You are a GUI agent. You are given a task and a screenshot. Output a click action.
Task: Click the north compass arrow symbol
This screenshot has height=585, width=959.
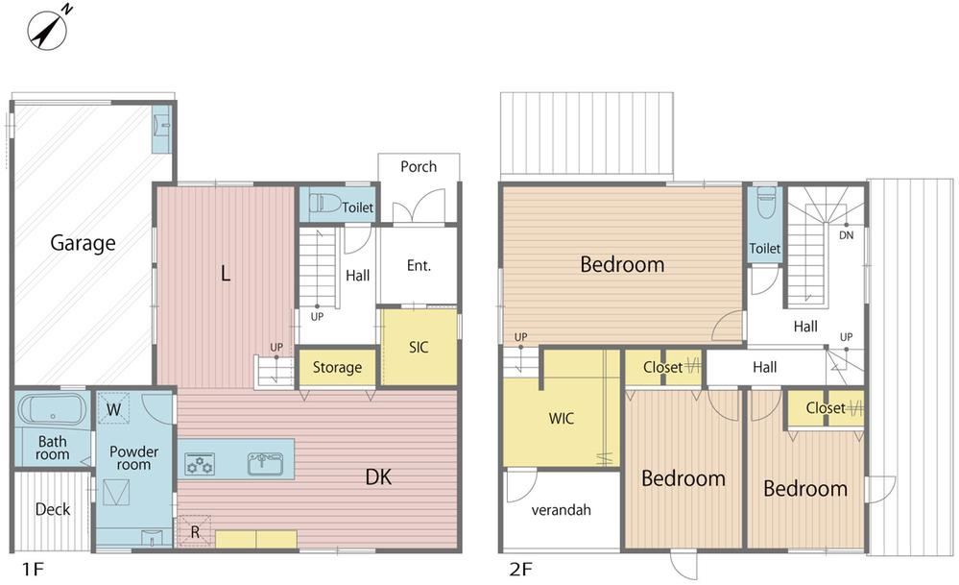tap(48, 29)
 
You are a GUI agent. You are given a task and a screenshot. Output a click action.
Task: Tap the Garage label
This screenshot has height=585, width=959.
tap(83, 243)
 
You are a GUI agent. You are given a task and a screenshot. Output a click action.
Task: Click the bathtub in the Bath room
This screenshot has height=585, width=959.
tap(52, 409)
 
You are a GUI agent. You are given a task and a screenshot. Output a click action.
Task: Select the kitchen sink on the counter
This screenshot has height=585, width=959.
tap(265, 463)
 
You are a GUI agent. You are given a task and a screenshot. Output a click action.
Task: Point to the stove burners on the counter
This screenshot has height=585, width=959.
tap(200, 464)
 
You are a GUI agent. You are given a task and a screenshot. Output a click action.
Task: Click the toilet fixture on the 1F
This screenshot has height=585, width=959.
tap(324, 203)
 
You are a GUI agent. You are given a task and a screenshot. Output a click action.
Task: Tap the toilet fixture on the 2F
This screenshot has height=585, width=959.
tap(765, 203)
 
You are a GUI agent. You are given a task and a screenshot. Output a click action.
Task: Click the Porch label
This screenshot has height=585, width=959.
tap(419, 166)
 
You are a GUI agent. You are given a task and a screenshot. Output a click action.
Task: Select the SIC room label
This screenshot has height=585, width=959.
tap(419, 347)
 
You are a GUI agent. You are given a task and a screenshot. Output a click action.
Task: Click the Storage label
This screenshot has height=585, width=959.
tap(337, 367)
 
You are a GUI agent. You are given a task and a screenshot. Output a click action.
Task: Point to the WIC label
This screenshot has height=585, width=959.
tap(561, 419)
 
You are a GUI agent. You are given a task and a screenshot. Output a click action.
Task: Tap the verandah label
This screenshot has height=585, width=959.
tap(561, 510)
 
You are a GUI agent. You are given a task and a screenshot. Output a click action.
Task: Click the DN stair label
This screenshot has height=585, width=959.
tap(846, 235)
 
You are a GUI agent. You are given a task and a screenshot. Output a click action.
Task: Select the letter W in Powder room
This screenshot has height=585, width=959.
tap(114, 409)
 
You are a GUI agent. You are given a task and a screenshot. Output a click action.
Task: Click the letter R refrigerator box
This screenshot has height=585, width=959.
tap(195, 532)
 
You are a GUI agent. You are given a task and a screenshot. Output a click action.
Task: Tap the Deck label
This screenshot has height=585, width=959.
tap(53, 509)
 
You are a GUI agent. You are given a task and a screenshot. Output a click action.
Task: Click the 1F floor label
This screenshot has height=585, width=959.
tap(33, 570)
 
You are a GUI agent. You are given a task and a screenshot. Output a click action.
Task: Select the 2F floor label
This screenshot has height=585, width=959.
tap(521, 570)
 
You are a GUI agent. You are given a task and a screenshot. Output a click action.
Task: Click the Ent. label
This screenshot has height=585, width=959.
tap(419, 265)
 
